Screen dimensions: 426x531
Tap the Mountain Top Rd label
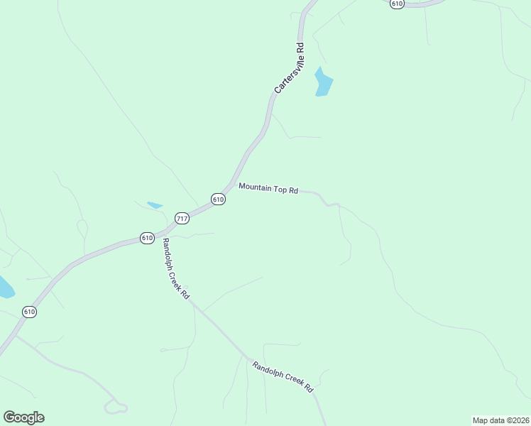(268, 188)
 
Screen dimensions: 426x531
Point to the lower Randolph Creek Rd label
(283, 377)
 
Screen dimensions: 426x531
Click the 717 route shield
(182, 218)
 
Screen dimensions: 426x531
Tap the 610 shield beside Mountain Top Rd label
(218, 200)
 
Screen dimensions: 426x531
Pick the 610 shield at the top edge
(397, 4)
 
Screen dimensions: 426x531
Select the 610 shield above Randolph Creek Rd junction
(147, 238)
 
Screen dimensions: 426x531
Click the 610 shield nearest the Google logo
(29, 312)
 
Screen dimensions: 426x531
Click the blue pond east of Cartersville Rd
(324, 83)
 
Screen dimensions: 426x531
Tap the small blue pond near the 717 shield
(154, 205)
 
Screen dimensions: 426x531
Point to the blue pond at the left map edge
(5, 288)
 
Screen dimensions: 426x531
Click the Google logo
(23, 417)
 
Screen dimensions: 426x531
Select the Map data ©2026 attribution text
(500, 420)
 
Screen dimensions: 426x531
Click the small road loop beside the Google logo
(115, 408)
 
